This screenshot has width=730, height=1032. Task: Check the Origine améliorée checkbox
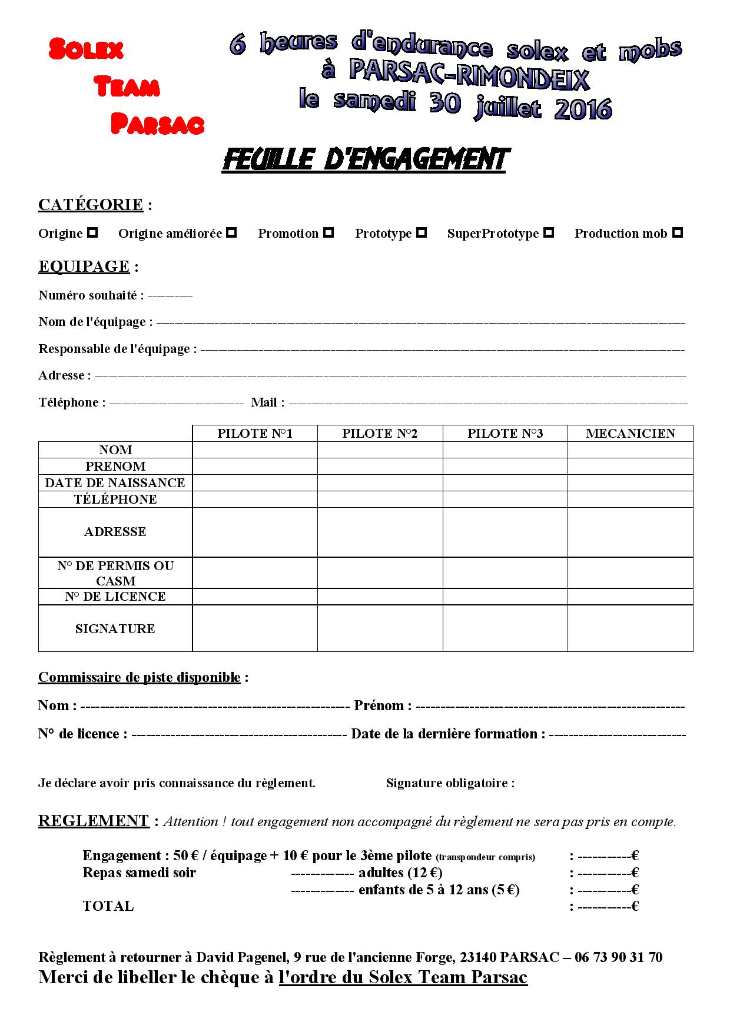pyautogui.click(x=232, y=232)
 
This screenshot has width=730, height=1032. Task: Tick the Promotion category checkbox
pyautogui.click(x=328, y=232)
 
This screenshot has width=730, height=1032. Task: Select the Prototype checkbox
pyautogui.click(x=422, y=232)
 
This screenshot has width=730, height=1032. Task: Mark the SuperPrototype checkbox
pyautogui.click(x=549, y=232)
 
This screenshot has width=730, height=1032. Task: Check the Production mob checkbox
pyautogui.click(x=678, y=232)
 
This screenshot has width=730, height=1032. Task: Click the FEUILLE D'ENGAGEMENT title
pyautogui.click(x=364, y=160)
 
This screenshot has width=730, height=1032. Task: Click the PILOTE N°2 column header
pyautogui.click(x=380, y=434)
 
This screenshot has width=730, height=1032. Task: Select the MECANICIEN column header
pyautogui.click(x=631, y=434)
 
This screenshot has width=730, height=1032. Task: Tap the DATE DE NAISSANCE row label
pyautogui.click(x=115, y=483)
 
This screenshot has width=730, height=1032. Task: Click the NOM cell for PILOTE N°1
pyautogui.click(x=255, y=450)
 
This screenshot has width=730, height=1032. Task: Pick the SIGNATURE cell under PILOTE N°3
pyautogui.click(x=505, y=628)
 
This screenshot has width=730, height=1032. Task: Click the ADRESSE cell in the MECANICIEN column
pyautogui.click(x=631, y=532)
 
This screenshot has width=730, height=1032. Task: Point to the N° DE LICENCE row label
pyautogui.click(x=115, y=597)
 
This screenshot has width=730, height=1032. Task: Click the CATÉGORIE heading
pyautogui.click(x=91, y=205)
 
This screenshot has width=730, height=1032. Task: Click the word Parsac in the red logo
pyautogui.click(x=158, y=124)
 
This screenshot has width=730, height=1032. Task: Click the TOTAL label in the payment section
pyautogui.click(x=108, y=906)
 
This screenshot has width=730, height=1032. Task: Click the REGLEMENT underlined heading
pyautogui.click(x=94, y=821)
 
